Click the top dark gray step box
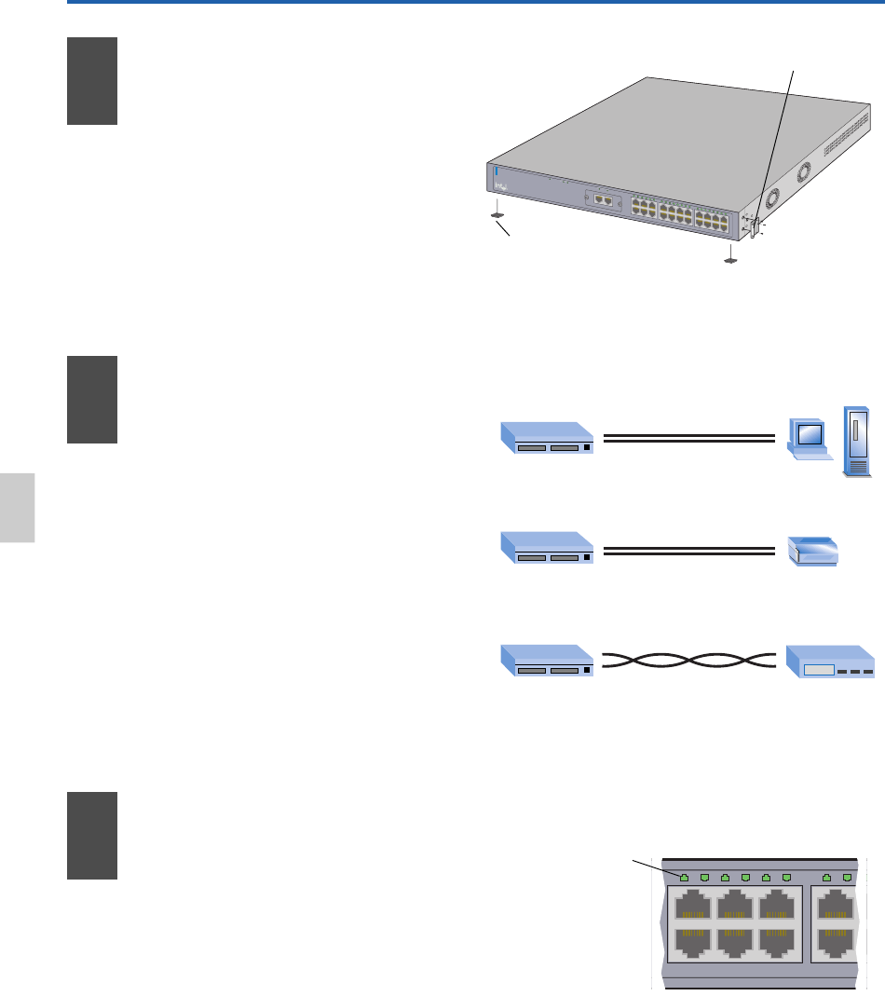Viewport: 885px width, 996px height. click(x=92, y=81)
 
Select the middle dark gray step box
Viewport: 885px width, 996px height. click(x=92, y=400)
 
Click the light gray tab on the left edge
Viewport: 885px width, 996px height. click(x=17, y=507)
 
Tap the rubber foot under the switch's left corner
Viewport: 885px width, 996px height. click(x=497, y=214)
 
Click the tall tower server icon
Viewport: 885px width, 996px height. click(x=857, y=443)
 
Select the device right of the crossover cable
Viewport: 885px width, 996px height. click(x=830, y=661)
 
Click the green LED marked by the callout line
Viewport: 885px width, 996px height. click(x=685, y=877)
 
